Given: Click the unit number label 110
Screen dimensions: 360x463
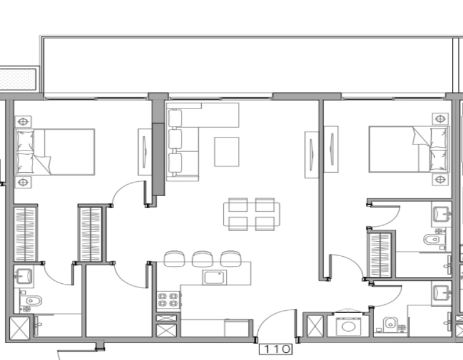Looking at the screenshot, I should click(x=276, y=349).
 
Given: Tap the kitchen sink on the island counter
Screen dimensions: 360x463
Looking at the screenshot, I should click(x=214, y=277).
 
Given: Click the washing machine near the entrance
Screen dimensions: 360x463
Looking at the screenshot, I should click(x=346, y=326).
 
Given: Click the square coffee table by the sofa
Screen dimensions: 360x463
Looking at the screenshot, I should click(x=226, y=152).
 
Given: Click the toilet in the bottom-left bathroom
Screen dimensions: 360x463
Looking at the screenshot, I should click(x=31, y=301).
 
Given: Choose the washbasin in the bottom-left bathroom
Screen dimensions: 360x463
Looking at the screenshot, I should click(x=25, y=277).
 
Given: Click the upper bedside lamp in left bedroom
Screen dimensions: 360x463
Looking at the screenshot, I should click(x=23, y=121).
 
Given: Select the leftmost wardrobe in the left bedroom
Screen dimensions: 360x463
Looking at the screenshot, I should click(x=25, y=233).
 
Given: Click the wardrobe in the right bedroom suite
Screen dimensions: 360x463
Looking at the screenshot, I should click(x=380, y=254).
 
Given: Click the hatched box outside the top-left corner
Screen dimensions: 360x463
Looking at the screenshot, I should click(x=19, y=79).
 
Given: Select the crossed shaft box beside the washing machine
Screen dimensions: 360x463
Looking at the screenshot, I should click(x=315, y=327).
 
